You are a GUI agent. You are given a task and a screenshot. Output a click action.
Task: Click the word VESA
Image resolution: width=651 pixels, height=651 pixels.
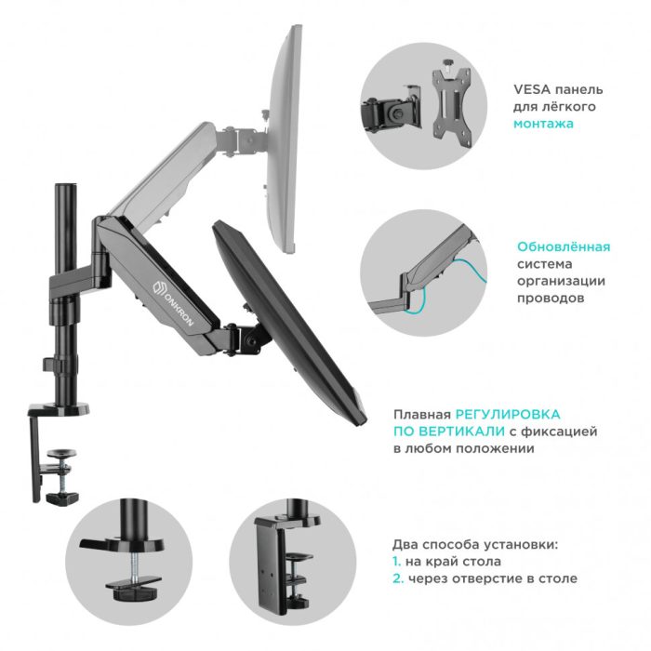click(532, 89)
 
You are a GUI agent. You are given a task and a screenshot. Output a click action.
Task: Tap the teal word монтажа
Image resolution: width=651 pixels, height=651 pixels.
click(543, 124)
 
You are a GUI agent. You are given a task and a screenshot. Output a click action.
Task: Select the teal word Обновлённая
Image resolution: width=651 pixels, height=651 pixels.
click(564, 246)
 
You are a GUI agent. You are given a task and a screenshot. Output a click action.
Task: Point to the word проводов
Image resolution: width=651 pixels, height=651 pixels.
click(551, 299)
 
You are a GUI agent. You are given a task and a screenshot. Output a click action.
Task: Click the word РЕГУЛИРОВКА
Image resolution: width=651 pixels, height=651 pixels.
click(508, 414)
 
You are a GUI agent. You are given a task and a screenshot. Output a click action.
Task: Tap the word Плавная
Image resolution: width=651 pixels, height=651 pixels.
click(422, 415)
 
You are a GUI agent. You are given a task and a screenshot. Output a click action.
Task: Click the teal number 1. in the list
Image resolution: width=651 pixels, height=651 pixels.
click(396, 562)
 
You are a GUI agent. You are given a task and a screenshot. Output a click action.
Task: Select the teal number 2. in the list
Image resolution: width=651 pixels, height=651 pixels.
click(398, 578)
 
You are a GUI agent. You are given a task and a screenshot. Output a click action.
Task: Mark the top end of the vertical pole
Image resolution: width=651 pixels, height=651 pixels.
click(66, 184)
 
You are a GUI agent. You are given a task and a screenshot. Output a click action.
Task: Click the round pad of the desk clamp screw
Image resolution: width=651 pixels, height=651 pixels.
click(61, 452)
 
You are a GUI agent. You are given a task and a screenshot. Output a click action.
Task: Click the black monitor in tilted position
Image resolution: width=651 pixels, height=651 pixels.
click(288, 323)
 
